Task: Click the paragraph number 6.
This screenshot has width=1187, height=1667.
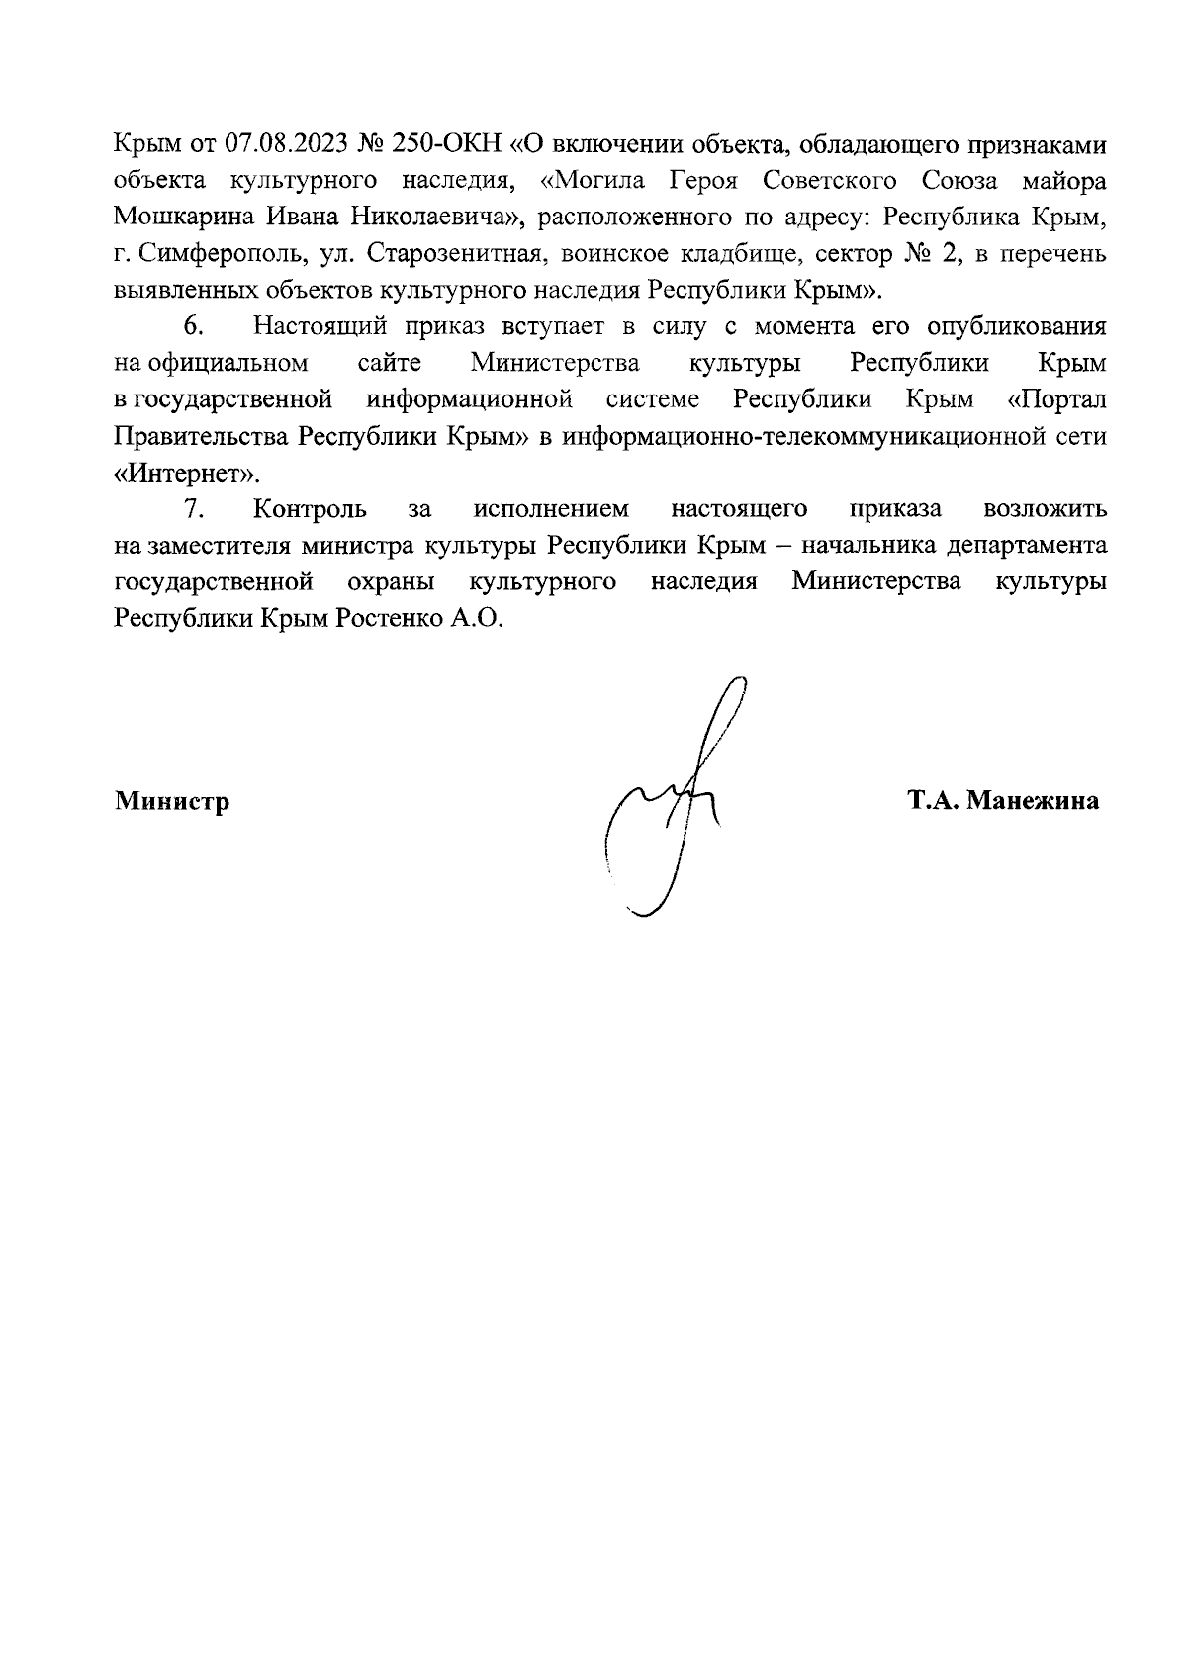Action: (194, 327)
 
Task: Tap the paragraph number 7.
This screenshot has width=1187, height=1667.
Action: (194, 509)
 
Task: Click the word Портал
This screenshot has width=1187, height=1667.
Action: (1060, 400)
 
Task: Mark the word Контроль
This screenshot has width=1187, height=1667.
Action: (311, 509)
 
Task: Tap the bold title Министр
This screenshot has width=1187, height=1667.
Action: (172, 801)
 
